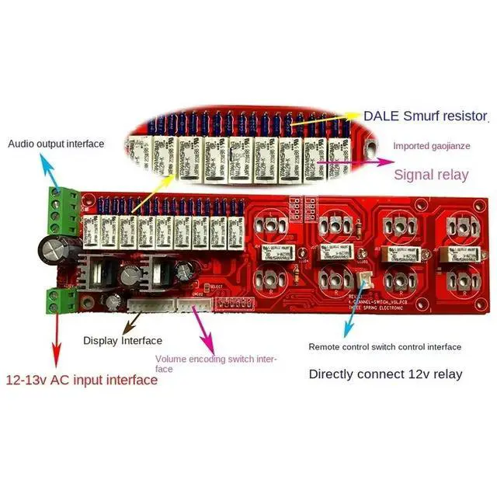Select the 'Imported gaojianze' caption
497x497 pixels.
[x=440, y=145]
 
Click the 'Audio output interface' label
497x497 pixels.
[x=56, y=144]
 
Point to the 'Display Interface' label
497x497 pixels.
[x=123, y=341]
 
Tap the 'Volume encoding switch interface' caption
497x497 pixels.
[x=215, y=363]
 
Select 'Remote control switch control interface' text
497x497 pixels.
[x=384, y=347]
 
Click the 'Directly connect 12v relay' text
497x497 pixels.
[x=385, y=374]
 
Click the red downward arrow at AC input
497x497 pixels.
[x=56, y=342]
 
